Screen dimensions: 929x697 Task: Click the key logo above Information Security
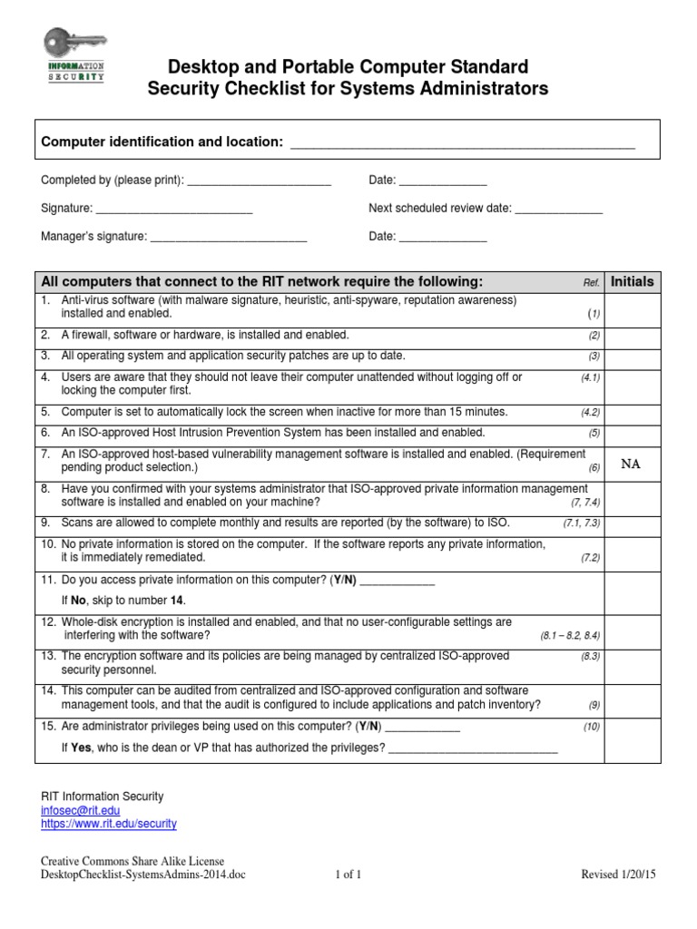pos(73,44)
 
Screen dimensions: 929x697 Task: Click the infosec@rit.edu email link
pos(80,810)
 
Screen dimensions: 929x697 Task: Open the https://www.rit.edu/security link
pos(109,824)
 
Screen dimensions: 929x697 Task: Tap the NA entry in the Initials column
pos(631,464)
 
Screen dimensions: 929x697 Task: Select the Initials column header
pos(633,281)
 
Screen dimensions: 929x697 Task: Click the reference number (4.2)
pos(591,412)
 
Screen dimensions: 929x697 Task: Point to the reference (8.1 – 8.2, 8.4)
pos(570,636)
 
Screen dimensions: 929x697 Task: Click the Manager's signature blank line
pos(228,239)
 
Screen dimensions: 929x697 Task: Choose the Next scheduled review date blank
pos(558,210)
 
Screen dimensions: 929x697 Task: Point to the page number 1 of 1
pos(348,875)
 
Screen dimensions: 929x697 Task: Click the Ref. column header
pos(591,283)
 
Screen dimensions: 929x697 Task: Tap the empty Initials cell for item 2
pos(633,335)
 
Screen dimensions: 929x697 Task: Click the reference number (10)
pos(591,727)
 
